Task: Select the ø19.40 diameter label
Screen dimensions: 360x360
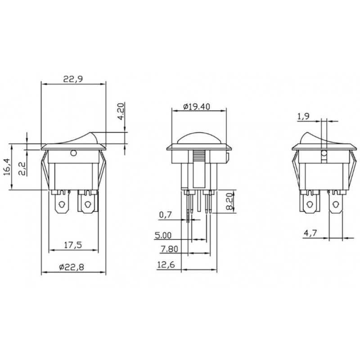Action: click(x=198, y=107)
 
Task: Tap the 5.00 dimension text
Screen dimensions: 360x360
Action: click(x=163, y=234)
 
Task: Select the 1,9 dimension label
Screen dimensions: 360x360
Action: click(x=303, y=117)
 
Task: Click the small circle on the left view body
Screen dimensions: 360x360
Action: click(x=73, y=154)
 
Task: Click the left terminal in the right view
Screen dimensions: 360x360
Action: click(x=309, y=202)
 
